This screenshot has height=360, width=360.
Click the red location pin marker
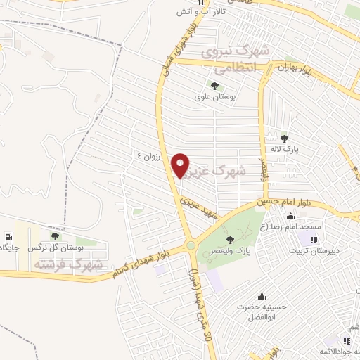(x=181, y=165)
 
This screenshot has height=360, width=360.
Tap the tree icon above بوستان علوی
(x=214, y=86)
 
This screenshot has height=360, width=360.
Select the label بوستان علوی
(x=214, y=97)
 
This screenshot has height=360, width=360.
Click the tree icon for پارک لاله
(x=284, y=137)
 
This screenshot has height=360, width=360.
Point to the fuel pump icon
(x=8, y=237)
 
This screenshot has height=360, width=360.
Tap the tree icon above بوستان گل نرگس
(x=56, y=237)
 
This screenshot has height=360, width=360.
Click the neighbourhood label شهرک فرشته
(x=67, y=264)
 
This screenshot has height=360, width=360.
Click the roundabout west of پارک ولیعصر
(x=191, y=245)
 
